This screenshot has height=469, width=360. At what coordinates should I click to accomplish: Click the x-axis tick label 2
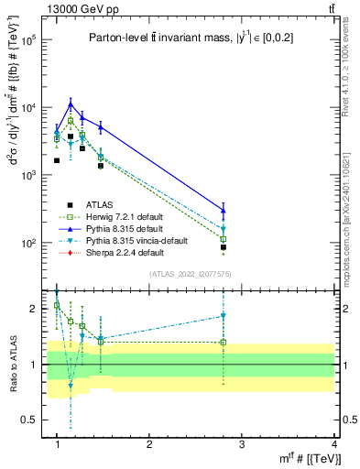point(149,443)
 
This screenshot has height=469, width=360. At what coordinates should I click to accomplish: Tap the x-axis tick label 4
point(334,443)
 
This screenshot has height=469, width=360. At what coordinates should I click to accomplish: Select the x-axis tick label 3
point(242,443)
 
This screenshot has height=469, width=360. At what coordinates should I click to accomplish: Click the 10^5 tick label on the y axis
point(27,40)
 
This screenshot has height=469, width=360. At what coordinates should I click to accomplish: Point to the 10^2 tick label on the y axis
point(27,244)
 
